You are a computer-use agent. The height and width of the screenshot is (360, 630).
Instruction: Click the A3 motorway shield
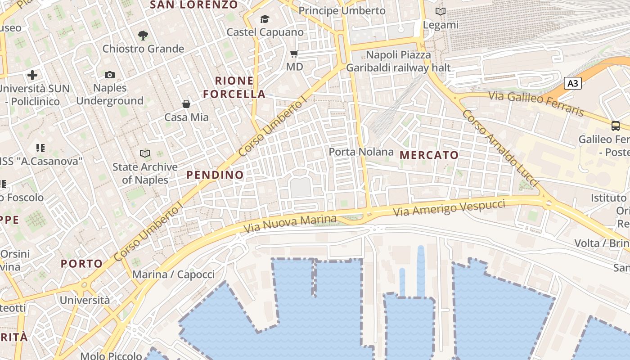573,83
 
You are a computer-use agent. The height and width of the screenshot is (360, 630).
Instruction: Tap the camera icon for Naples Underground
110,75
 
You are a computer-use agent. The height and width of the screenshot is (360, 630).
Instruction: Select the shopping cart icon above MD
294,54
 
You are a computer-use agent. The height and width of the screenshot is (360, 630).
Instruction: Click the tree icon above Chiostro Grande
143,35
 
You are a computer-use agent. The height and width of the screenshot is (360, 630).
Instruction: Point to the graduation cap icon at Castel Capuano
265,19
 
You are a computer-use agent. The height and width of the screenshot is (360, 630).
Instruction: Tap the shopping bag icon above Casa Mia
186,104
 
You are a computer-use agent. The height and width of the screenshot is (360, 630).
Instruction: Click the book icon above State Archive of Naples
144,154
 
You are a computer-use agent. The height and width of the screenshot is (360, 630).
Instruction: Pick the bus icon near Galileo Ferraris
615,126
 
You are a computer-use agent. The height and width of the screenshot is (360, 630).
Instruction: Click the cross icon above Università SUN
32,75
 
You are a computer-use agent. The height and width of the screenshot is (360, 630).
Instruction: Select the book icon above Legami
441,12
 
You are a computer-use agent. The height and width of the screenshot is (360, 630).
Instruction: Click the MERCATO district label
429,155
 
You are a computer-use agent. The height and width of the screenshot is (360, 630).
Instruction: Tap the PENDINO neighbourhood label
215,175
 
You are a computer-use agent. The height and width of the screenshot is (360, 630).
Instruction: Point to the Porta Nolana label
361,152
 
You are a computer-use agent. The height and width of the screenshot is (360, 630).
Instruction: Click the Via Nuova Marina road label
290,224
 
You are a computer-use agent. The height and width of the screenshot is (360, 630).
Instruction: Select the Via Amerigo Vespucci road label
449,208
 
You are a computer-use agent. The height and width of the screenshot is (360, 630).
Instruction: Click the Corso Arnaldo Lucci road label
499,148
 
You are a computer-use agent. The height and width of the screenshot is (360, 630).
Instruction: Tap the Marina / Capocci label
173,274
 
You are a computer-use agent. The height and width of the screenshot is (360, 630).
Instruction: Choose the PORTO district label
82,263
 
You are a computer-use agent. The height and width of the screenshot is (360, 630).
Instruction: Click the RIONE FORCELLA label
234,87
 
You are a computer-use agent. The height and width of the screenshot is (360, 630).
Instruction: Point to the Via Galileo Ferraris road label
536,103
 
